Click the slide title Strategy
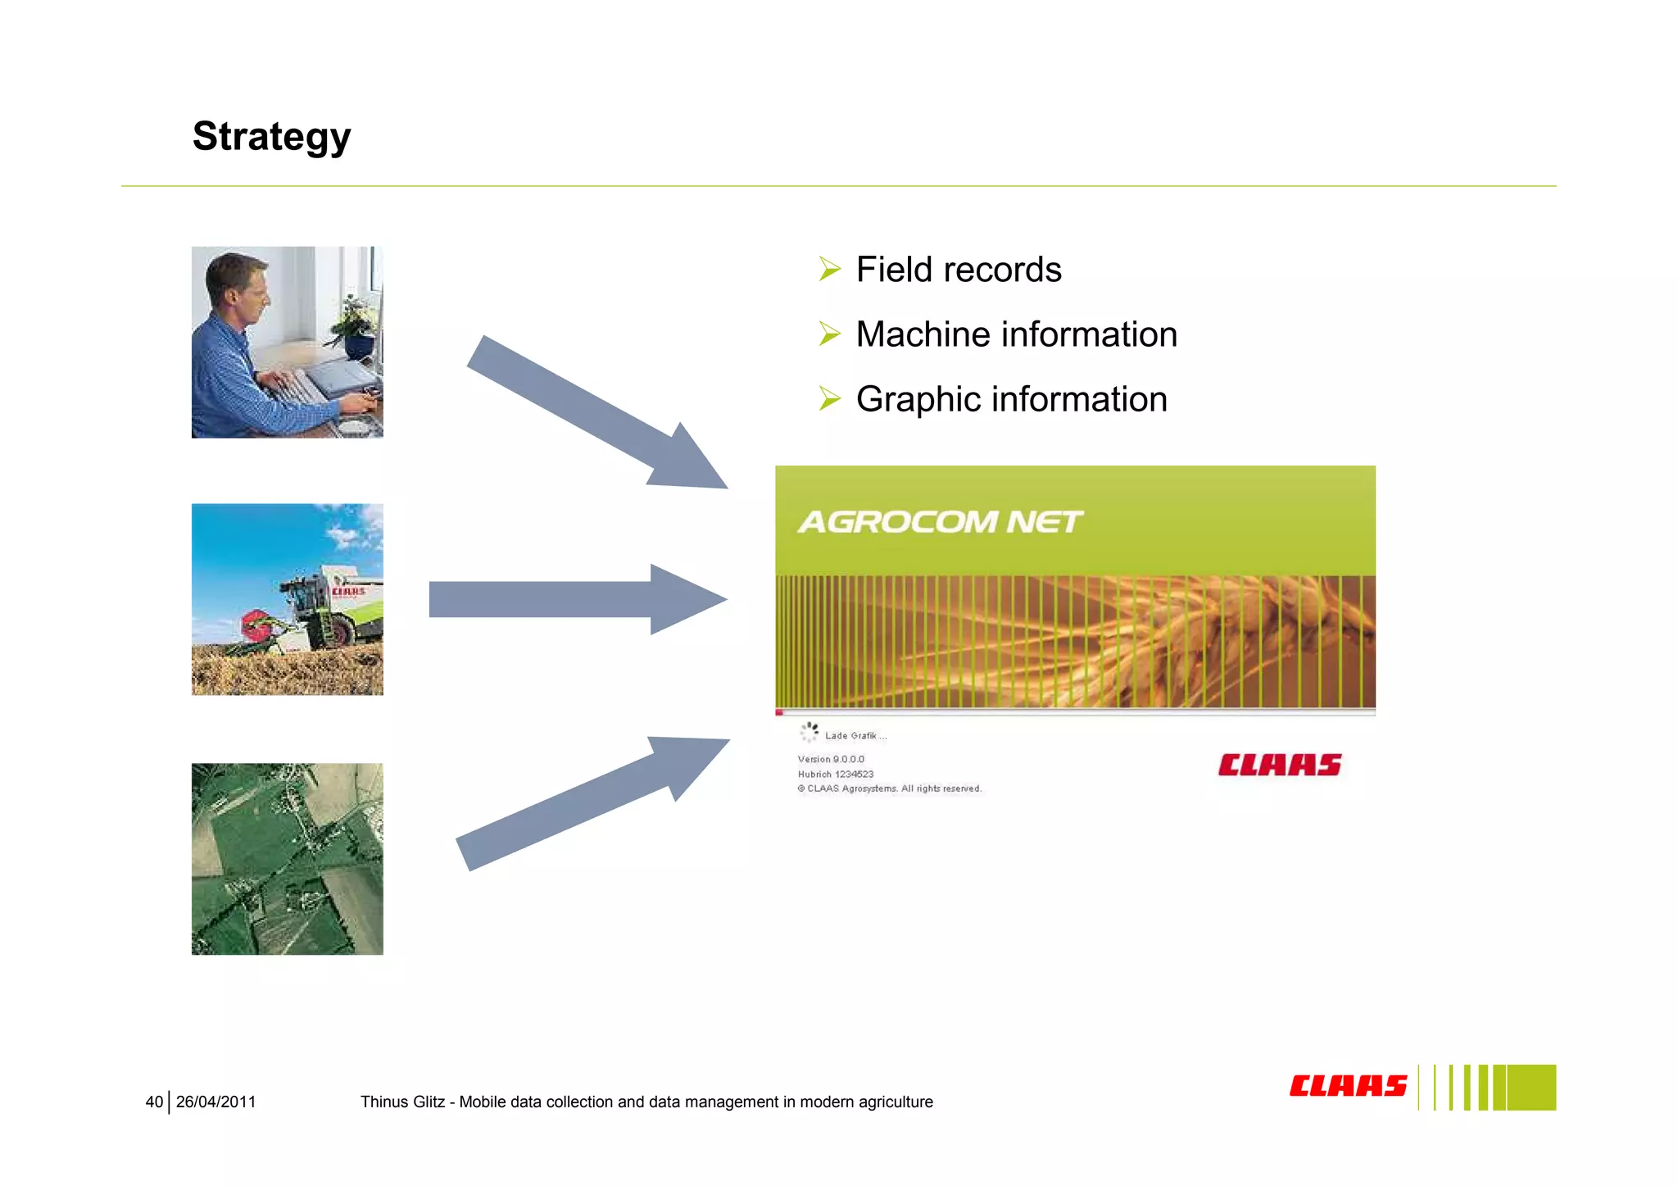coord(271,136)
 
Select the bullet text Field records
coord(958,270)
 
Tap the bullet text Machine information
coord(1016,334)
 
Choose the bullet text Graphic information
coord(1011,399)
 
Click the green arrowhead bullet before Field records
coord(829,269)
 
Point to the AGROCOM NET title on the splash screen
coord(940,522)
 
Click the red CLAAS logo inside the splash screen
coord(1279,765)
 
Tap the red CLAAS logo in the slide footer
coord(1348,1086)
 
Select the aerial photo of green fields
coord(287,859)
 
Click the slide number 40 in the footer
coord(154,1102)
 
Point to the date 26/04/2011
coord(215,1102)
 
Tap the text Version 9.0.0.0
coord(831,759)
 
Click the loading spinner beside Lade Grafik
coord(810,732)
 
